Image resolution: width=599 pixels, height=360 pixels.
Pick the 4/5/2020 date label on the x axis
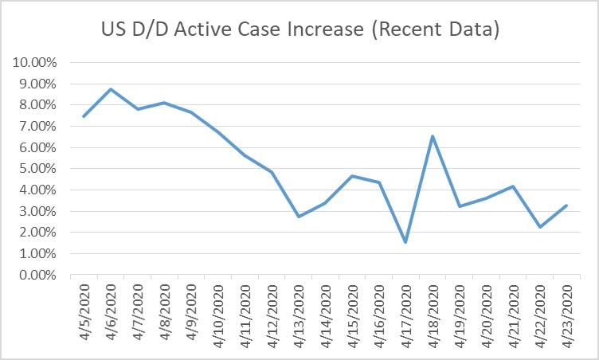(84, 312)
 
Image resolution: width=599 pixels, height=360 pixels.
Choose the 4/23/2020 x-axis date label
(565, 312)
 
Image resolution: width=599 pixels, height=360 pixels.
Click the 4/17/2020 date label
(405, 312)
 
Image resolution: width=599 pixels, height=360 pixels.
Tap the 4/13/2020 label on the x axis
(298, 312)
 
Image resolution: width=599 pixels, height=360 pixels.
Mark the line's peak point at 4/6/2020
(111, 89)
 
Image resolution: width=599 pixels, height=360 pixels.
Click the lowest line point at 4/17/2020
(405, 242)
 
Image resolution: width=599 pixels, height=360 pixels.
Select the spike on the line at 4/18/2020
(432, 136)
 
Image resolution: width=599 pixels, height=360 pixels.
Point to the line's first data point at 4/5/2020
(84, 116)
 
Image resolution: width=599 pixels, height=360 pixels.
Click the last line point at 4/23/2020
(566, 205)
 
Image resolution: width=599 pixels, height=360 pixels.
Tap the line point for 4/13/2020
(298, 217)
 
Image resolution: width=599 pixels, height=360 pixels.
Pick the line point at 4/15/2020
(351, 176)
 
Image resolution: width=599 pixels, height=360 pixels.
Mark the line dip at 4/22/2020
(538, 227)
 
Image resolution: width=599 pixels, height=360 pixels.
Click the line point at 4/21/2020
(512, 186)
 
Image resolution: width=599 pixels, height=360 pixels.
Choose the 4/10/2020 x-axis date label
(217, 312)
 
